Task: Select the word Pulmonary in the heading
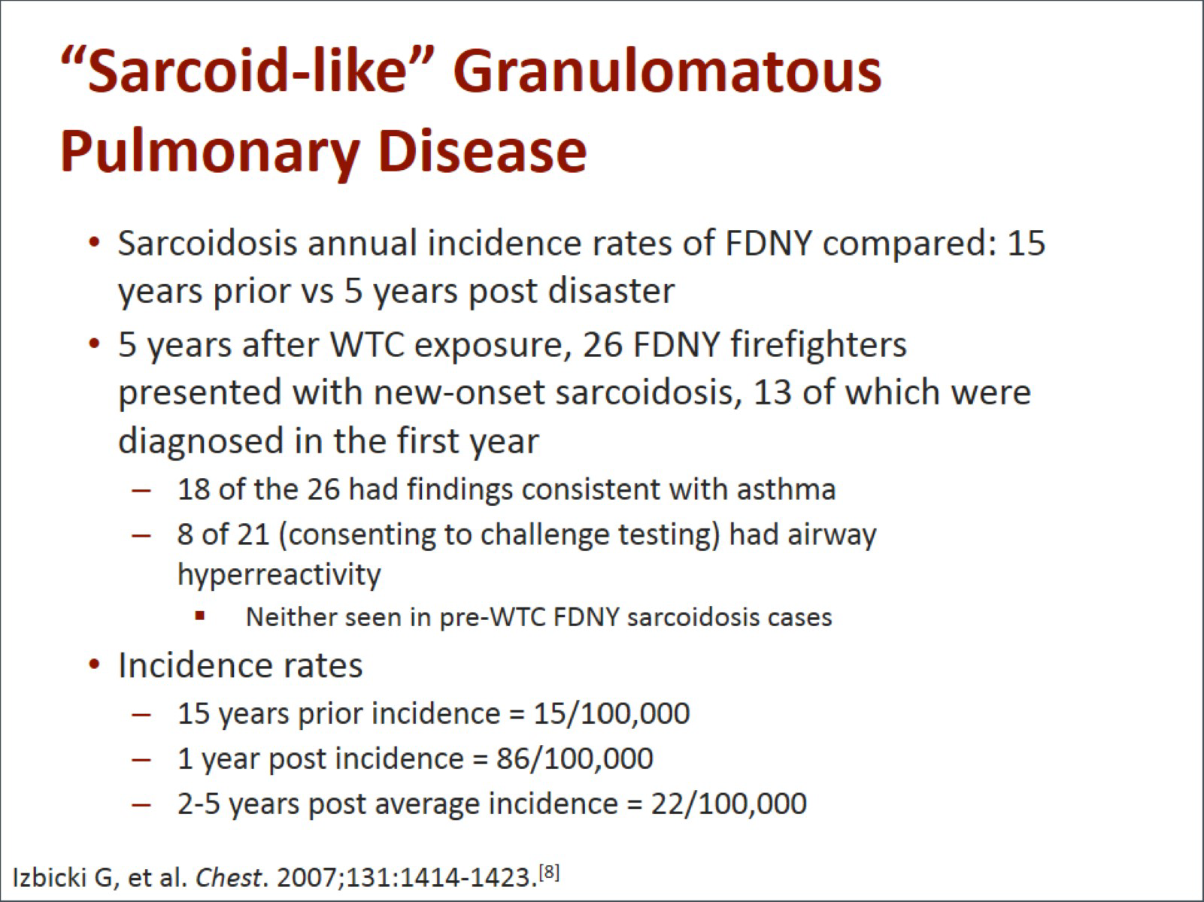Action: [x=209, y=153]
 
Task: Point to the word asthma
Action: [x=786, y=489]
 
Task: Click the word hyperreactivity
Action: [x=279, y=575]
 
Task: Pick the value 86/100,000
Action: [x=575, y=759]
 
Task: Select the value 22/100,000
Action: [x=729, y=804]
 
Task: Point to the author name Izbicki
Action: [x=50, y=878]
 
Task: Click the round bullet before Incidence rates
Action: [x=94, y=665]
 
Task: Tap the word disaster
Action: [x=611, y=291]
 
